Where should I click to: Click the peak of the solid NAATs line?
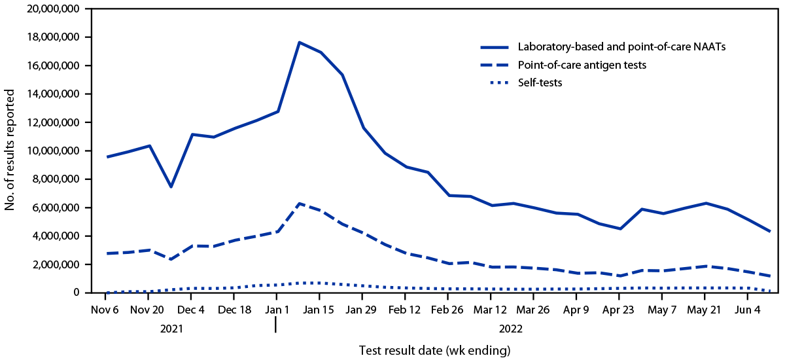pos(299,43)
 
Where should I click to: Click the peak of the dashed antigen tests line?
pos(299,204)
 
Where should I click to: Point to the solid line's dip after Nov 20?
pos(171,187)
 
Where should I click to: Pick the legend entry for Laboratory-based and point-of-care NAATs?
pos(612,47)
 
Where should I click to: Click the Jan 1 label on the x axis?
pos(276,309)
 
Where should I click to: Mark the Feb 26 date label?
pos(449,309)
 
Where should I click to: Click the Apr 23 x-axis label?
pos(618,309)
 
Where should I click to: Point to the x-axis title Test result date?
pos(434,350)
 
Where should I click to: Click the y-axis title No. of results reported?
pos(11,151)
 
